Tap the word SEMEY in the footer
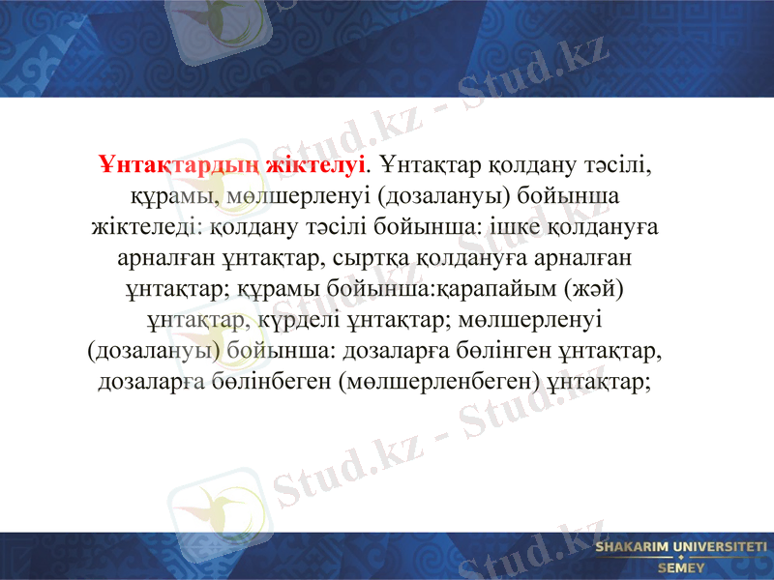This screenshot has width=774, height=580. pos(681,568)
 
